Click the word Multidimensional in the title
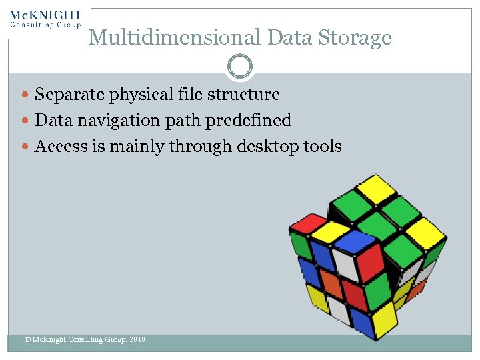pyautogui.click(x=175, y=37)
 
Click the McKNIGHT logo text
pyautogui.click(x=46, y=15)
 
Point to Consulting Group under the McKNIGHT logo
pyautogui.click(x=45, y=25)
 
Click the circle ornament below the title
pyautogui.click(x=240, y=66)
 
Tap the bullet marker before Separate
pyautogui.click(x=26, y=95)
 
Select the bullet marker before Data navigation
pyautogui.click(x=26, y=121)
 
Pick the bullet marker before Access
pyautogui.click(x=26, y=147)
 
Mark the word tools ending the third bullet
pyautogui.click(x=321, y=146)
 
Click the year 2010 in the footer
pyautogui.click(x=137, y=340)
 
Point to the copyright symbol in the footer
pyautogui.click(x=27, y=340)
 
